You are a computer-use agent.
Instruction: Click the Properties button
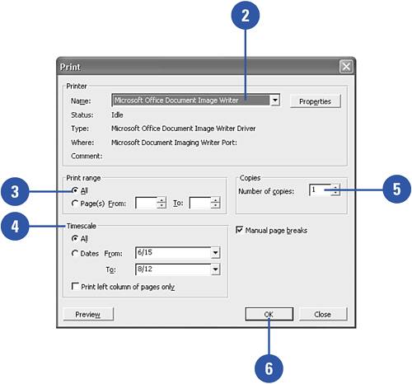pos(315,101)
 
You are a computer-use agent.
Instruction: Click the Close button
pos(323,314)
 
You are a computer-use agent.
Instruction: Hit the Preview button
pos(88,314)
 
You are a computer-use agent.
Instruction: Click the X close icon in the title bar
pos(346,67)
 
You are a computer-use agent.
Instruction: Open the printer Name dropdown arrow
pos(275,101)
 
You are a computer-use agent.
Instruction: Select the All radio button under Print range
pos(74,190)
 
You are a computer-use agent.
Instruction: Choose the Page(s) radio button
pos(74,204)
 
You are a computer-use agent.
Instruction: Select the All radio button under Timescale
pos(74,238)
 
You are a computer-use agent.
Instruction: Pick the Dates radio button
pos(74,253)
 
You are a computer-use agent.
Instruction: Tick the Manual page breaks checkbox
pos(240,229)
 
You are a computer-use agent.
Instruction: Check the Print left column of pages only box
pos(75,286)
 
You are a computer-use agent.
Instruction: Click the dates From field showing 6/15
pos(174,253)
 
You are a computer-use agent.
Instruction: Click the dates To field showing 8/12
pos(174,269)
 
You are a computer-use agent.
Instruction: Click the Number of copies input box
pos(321,190)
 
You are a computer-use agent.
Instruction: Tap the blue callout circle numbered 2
pos(246,16)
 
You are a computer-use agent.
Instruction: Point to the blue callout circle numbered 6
pos(269,368)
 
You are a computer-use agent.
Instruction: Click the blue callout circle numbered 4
pos(15,226)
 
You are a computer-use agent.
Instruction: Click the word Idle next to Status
pos(117,115)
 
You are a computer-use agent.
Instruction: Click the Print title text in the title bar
pos(70,67)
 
